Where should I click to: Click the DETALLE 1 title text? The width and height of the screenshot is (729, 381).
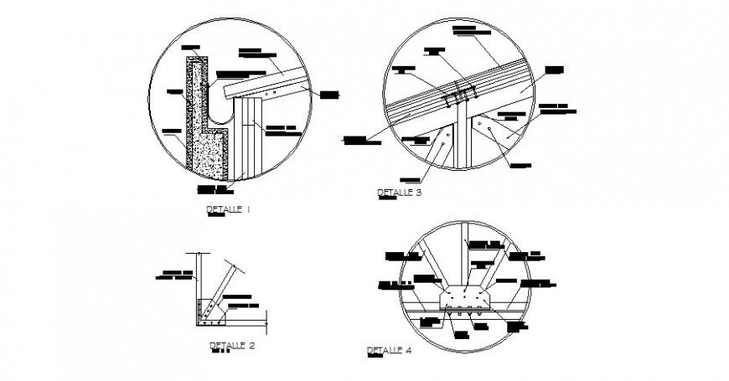pyautogui.click(x=228, y=209)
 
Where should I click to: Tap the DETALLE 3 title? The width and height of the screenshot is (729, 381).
pyautogui.click(x=400, y=193)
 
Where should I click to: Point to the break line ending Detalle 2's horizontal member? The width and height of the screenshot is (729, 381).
pyautogui.click(x=266, y=317)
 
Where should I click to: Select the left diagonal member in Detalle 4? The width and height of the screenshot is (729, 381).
pyautogui.click(x=427, y=264)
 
